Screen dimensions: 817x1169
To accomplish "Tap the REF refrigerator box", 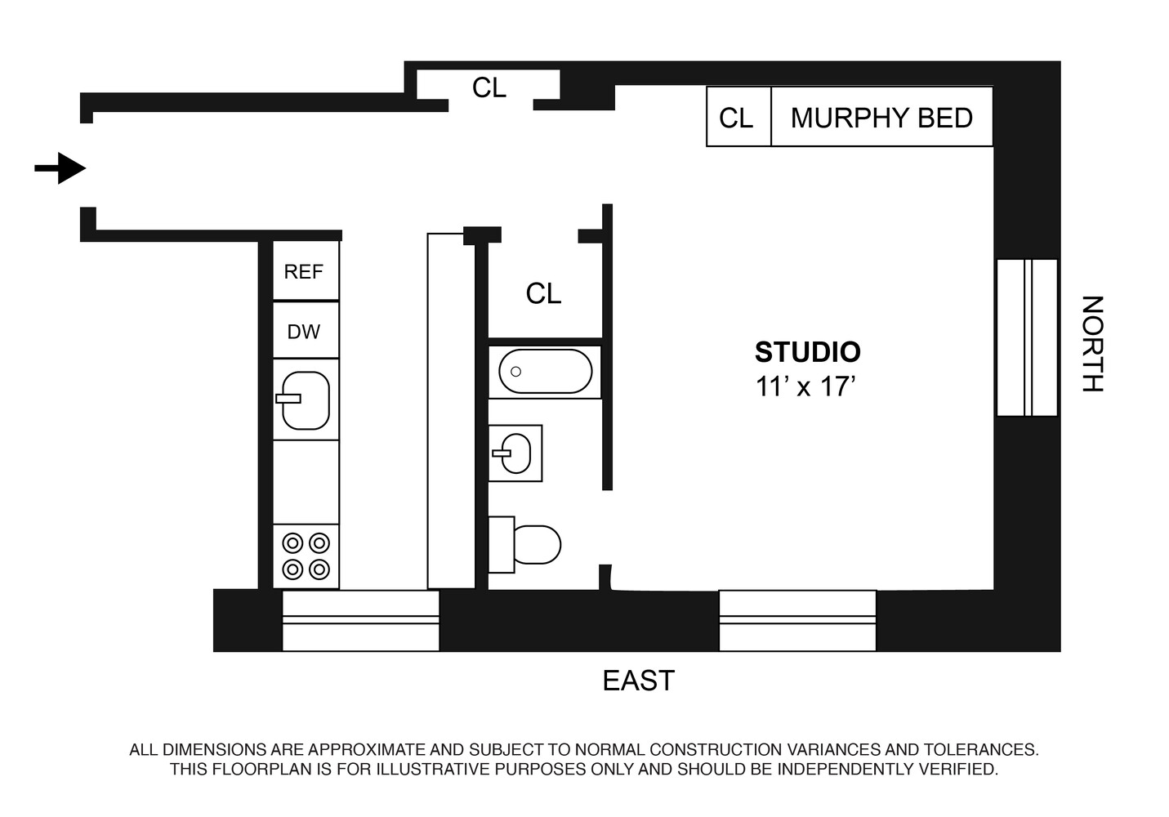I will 304,271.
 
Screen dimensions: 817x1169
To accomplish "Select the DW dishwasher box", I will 304,332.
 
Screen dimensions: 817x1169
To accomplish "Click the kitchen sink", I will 306,400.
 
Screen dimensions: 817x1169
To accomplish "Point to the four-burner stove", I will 306,556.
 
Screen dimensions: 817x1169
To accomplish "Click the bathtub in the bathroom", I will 545,372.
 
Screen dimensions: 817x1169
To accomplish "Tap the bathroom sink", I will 515,453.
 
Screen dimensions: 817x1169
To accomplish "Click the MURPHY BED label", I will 881,118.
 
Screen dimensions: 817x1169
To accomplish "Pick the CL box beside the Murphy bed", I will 737,118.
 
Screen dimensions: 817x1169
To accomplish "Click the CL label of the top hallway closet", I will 489,87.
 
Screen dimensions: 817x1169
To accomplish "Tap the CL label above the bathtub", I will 543,293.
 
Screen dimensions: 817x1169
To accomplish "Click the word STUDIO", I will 807,352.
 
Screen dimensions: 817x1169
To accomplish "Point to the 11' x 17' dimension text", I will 805,386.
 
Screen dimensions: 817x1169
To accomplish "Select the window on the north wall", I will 1026,337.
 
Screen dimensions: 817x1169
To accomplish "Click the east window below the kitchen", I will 360,620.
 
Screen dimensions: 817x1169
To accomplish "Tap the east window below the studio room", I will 796,620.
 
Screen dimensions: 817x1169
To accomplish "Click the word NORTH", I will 1092,344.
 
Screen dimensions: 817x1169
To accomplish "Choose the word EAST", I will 638,681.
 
